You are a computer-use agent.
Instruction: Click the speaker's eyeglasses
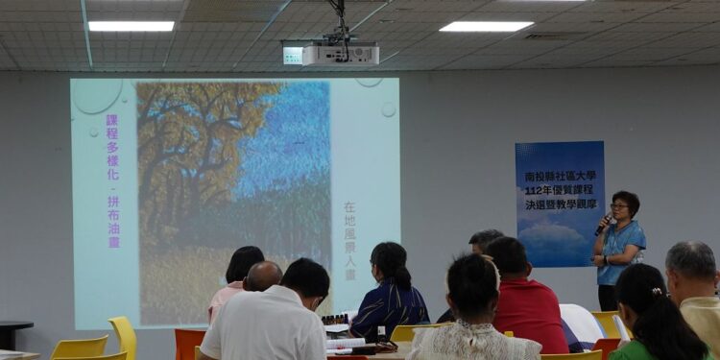pyautogui.click(x=618, y=206)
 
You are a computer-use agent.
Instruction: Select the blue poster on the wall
pyautogui.click(x=560, y=204)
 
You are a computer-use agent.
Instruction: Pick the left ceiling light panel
pyautogui.click(x=131, y=26)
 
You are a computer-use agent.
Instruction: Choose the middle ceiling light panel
pyautogui.click(x=486, y=26)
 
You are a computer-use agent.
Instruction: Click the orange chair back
pyautogui.click(x=189, y=342)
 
